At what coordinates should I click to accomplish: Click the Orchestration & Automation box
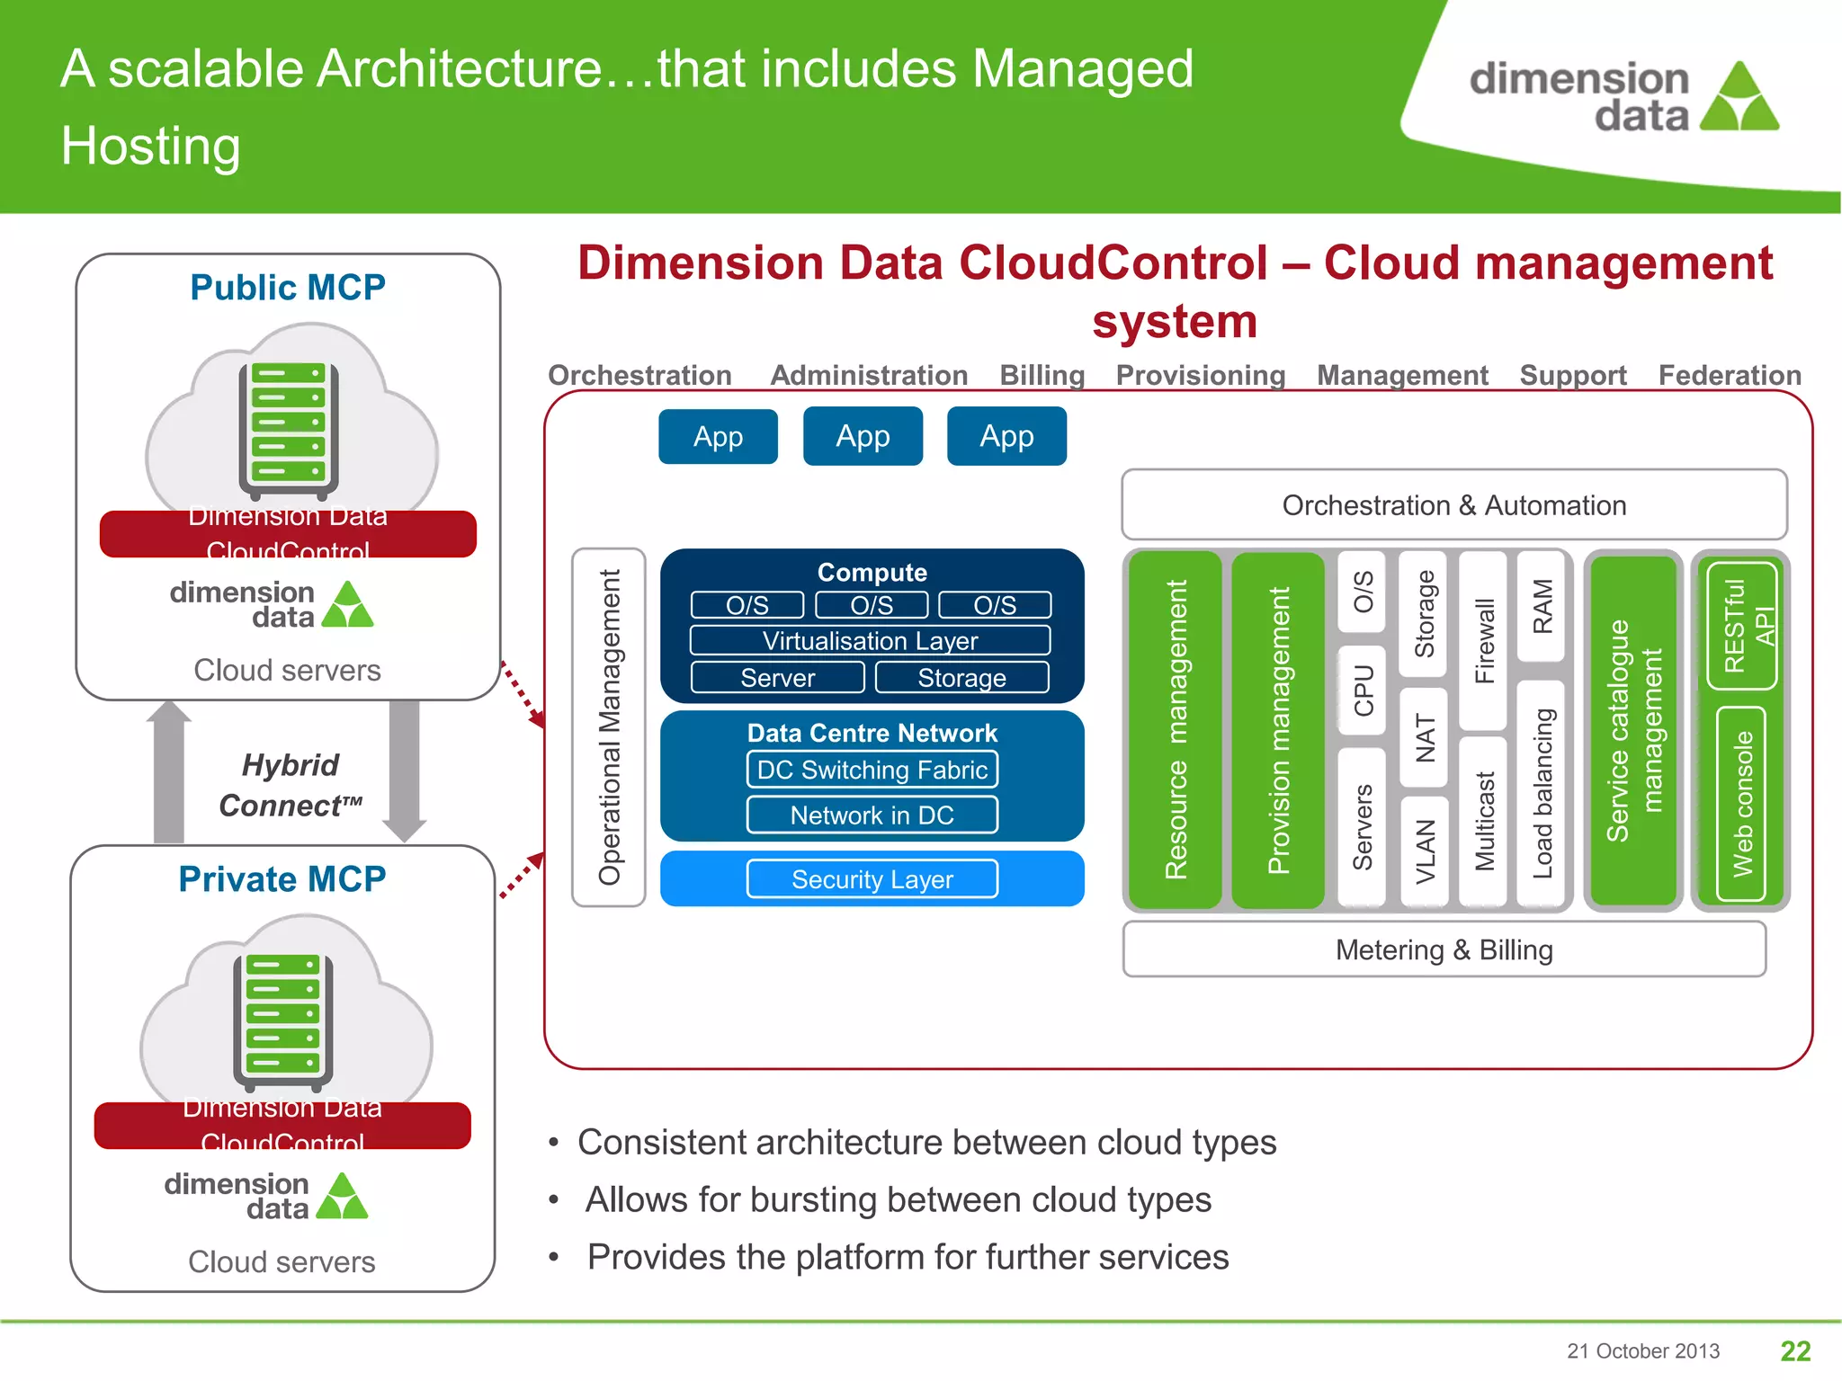click(1453, 505)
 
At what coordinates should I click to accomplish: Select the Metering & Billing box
click(1444, 950)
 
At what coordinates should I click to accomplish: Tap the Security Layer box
click(872, 879)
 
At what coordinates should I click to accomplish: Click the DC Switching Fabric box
click(872, 771)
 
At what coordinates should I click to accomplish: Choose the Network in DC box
click(872, 815)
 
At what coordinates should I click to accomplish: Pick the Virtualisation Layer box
click(870, 641)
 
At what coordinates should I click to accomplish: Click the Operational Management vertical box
click(609, 727)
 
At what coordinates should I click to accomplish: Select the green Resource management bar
click(1175, 729)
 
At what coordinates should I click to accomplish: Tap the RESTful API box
click(1742, 626)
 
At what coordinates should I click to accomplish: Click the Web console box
click(1742, 804)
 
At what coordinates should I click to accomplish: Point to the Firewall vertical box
click(1482, 641)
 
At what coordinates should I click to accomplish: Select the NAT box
click(1424, 737)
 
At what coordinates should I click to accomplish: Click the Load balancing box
click(1542, 793)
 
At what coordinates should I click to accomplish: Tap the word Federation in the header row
click(1729, 376)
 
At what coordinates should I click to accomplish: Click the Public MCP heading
click(288, 288)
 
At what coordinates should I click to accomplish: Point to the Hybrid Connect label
click(290, 785)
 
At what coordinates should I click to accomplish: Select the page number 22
click(1795, 1350)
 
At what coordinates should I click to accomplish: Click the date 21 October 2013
click(1642, 1351)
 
